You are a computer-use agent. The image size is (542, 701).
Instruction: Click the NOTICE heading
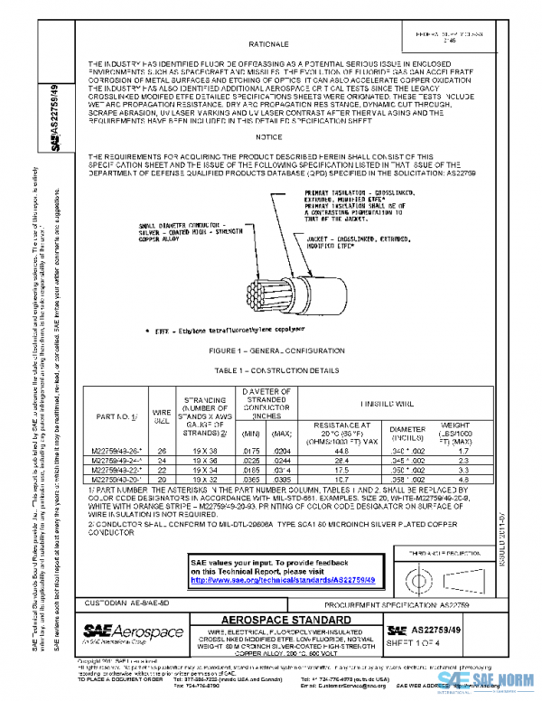269,136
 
